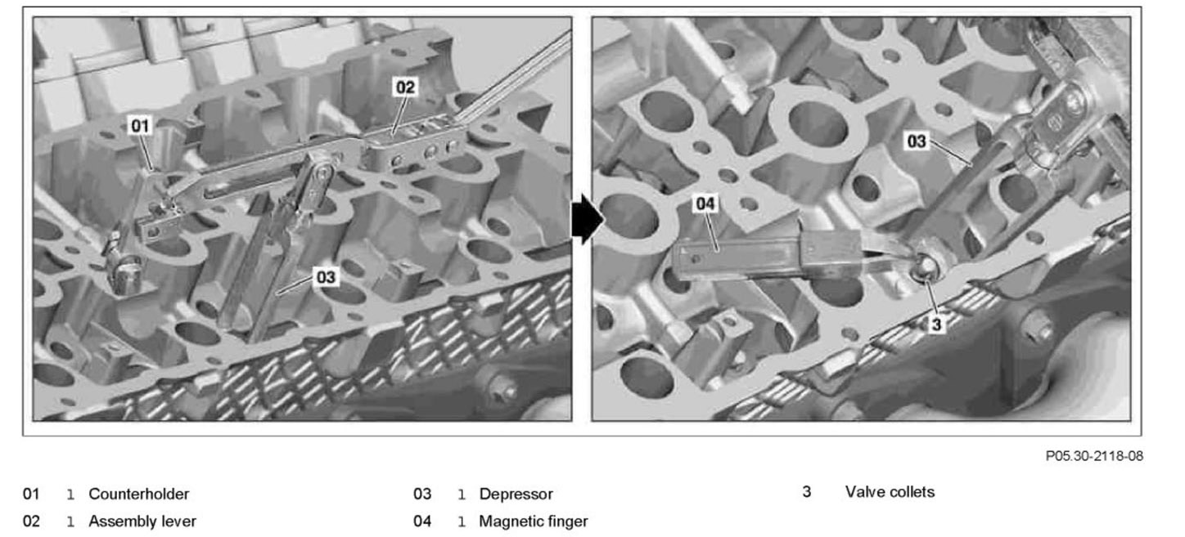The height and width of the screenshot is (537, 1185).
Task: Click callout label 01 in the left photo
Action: pos(141,125)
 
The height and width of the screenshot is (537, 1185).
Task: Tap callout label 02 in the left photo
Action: pos(406,86)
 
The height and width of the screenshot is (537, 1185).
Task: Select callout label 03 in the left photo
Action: pos(326,277)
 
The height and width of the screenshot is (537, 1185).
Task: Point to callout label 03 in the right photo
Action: pos(917,141)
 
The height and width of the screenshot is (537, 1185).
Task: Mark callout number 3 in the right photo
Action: pos(937,324)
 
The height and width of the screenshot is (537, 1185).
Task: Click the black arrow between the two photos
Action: pos(587,220)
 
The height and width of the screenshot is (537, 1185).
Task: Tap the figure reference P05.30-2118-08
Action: pos(1094,456)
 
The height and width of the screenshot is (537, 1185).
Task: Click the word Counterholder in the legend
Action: pos(138,494)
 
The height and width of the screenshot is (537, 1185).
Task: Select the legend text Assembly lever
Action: pos(142,521)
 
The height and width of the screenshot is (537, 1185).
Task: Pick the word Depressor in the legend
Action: pos(516,494)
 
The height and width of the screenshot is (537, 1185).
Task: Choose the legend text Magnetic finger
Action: pos(533,521)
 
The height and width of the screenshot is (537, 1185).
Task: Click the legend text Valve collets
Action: pos(890,492)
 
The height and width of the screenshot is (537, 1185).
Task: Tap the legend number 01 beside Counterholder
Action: pos(30,494)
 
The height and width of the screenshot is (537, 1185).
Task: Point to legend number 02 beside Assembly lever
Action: pos(30,521)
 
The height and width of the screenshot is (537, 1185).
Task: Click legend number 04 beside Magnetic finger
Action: pos(421,521)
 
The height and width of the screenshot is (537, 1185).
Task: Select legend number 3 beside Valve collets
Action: pos(806,492)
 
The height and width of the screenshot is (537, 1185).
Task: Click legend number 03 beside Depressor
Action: pos(421,494)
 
